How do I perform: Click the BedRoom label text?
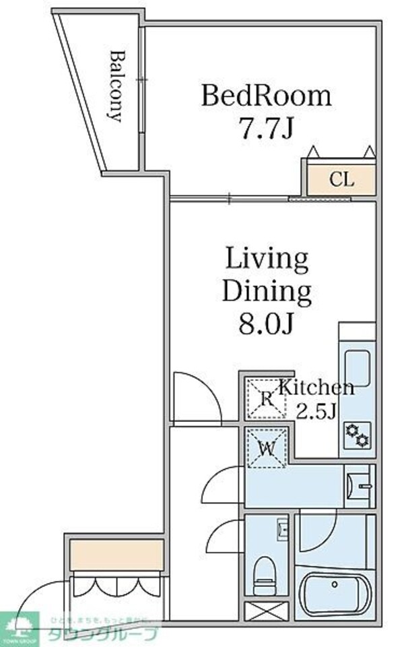267,96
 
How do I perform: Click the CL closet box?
341,180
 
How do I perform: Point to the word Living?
266,259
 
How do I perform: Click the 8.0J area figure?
267,324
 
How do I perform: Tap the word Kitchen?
316,388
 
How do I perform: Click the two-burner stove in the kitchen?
357,435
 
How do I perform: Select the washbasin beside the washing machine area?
357,484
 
